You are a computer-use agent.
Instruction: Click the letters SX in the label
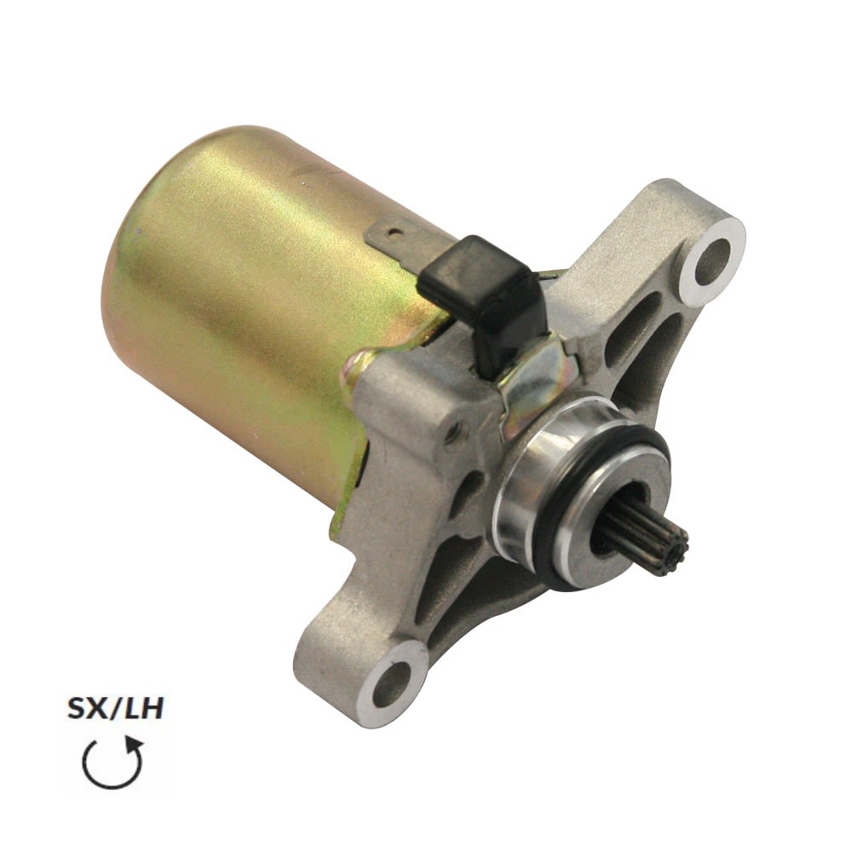coord(86,710)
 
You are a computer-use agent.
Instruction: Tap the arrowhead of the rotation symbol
coord(135,745)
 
